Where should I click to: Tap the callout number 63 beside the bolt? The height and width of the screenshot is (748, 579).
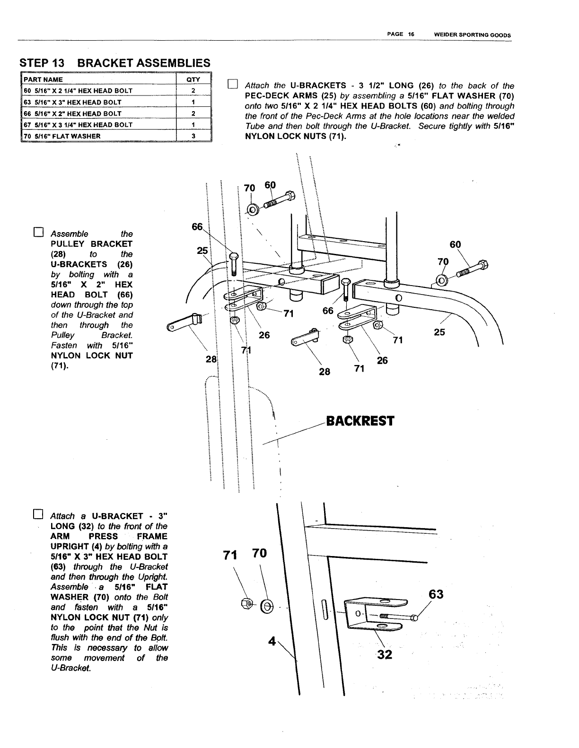tap(436, 594)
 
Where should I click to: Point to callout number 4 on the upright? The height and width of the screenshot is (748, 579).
tap(272, 642)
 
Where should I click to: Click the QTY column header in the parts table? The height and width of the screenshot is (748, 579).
tap(193, 79)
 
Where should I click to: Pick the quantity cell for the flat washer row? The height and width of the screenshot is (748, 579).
tap(193, 136)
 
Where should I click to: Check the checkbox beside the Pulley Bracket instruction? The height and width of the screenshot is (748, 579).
tap(38, 233)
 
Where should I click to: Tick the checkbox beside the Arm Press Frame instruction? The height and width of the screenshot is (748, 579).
tap(38, 514)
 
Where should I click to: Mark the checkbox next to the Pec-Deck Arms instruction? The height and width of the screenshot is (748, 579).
tap(232, 85)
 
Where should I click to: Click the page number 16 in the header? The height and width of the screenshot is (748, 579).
tap(411, 35)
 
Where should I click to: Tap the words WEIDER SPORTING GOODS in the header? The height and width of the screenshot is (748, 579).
tap(473, 35)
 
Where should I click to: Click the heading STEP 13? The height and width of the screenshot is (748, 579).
tap(45, 63)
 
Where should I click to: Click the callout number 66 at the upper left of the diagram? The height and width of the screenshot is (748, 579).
tap(197, 227)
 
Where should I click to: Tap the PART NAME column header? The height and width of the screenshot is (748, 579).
tap(44, 79)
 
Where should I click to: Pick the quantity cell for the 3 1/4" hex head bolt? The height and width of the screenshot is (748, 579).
tap(193, 125)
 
